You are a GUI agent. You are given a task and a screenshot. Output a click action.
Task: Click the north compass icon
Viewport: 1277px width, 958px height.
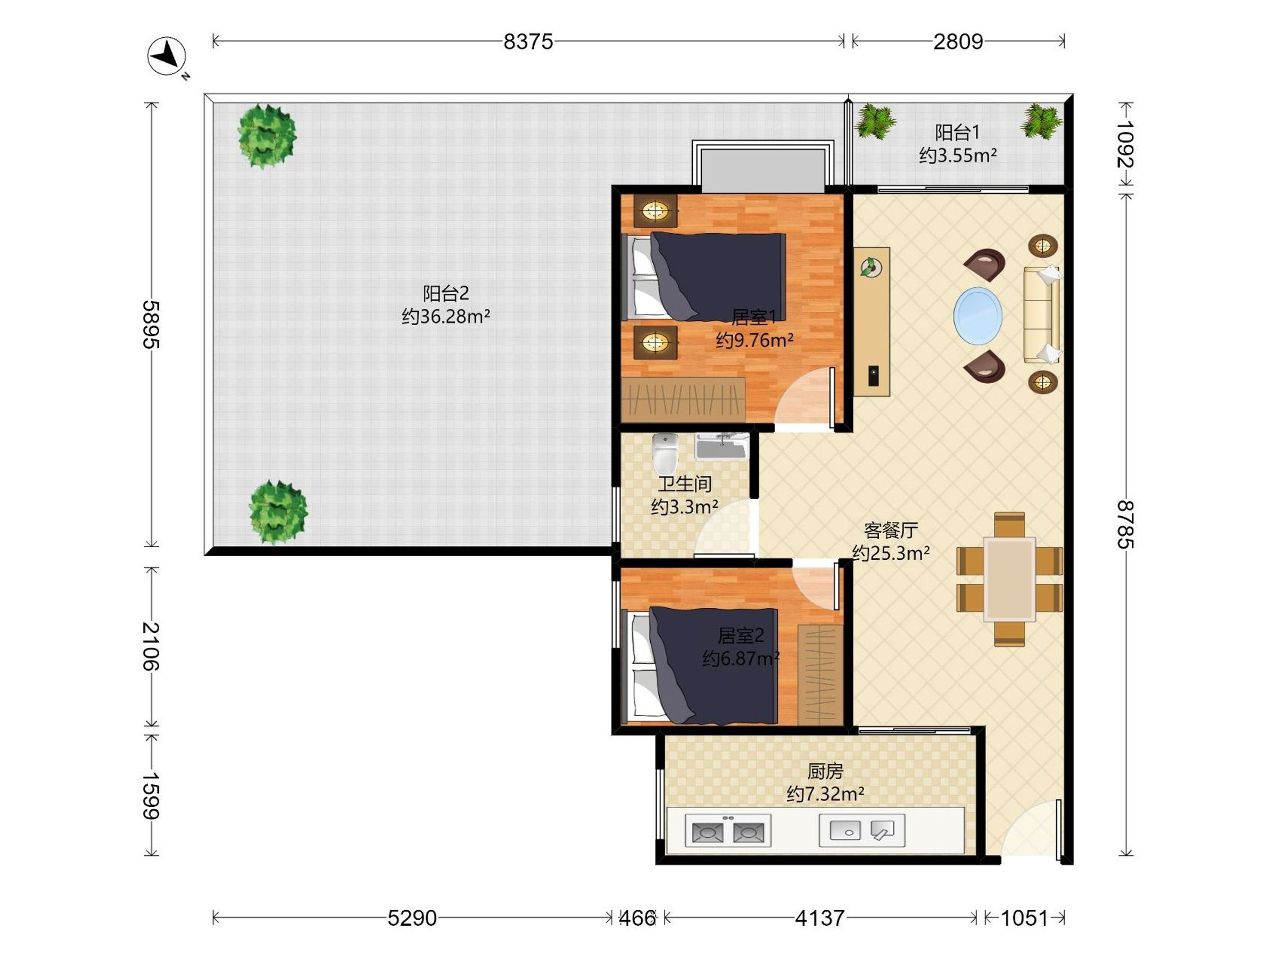[x=167, y=56]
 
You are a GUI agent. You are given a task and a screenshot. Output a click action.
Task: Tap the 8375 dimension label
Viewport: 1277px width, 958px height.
[x=528, y=42]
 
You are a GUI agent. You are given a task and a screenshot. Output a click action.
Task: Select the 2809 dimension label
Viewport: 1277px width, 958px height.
[x=958, y=42]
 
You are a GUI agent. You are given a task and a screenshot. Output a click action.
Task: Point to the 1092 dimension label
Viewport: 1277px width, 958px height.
[x=1125, y=144]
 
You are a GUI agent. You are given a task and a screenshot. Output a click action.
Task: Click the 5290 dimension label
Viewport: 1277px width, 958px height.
[x=412, y=918]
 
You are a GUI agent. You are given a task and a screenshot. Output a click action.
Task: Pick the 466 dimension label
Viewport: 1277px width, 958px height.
[x=637, y=918]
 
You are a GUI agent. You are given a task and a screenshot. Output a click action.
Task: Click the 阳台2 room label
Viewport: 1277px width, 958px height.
[x=446, y=293]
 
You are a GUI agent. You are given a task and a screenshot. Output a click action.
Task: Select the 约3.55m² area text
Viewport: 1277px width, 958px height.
[x=958, y=155]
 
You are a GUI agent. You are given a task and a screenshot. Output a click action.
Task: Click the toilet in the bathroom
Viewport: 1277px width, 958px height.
[x=665, y=453]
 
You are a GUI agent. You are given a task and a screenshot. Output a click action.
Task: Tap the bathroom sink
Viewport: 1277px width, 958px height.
[x=722, y=447]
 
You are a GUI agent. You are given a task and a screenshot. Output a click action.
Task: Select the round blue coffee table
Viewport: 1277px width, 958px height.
[x=978, y=315]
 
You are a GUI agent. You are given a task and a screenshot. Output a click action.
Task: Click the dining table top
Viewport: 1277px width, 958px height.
[x=1010, y=579]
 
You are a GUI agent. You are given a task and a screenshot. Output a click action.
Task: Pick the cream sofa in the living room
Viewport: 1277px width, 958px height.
[x=1042, y=315]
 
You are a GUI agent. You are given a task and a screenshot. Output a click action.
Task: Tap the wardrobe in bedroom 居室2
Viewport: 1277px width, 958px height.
[x=820, y=674]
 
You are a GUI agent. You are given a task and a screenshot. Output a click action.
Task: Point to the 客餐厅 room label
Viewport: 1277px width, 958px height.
[x=891, y=530]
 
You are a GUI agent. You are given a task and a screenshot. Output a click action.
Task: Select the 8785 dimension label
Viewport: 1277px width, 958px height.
[x=1125, y=524]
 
